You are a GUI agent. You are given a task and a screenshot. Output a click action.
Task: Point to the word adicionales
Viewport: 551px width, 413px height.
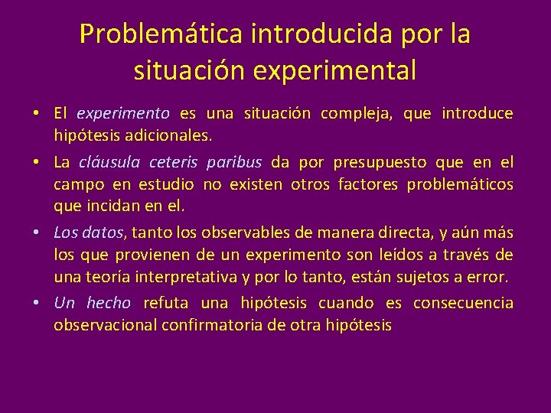[168, 136]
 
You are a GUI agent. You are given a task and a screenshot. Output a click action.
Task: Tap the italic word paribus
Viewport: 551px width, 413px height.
[233, 162]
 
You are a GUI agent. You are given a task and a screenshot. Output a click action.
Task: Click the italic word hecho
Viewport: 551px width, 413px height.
[109, 303]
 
